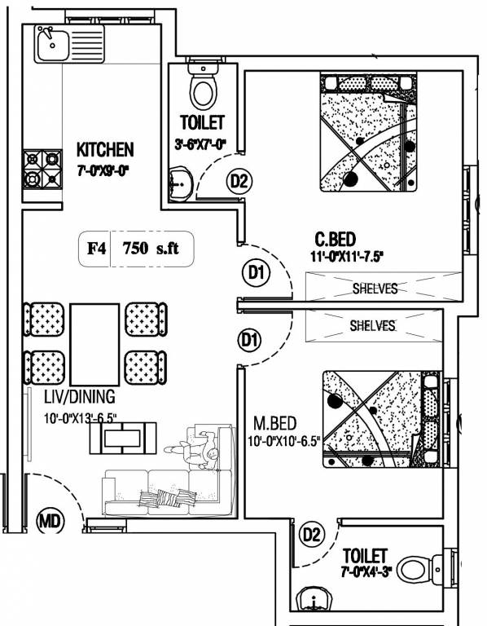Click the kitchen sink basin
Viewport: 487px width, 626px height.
coord(53,43)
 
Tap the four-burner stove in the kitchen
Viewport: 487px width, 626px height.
coord(42,170)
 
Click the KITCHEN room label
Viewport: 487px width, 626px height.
coord(105,150)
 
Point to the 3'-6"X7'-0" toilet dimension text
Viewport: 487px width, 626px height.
coord(200,144)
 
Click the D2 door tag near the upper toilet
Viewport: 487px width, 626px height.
coord(239,182)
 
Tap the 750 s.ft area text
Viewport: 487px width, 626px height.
coord(151,249)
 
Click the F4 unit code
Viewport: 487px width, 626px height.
coord(97,249)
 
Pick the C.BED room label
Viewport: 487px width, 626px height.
coord(335,240)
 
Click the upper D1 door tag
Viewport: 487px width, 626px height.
coord(256,273)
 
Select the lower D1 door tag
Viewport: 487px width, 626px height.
coord(250,341)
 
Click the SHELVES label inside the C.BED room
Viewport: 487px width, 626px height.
coord(375,289)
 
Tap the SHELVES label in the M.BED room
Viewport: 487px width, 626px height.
coord(372,325)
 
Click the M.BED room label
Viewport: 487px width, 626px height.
coord(275,423)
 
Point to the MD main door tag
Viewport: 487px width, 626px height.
coord(50,521)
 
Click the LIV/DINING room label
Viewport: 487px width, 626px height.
coord(79,397)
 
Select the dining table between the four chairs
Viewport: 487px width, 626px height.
coord(95,345)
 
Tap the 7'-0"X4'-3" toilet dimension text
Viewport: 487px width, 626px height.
coord(366,572)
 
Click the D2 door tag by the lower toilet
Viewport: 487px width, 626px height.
coord(312,534)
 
